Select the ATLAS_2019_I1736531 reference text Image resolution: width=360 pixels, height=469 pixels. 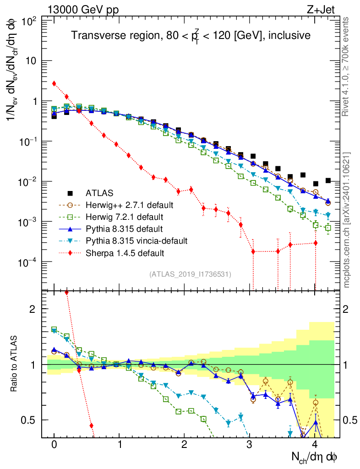[x=190, y=274]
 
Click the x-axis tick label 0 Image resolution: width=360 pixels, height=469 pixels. [x=54, y=445]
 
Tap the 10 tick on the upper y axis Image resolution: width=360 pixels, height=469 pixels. [x=32, y=61]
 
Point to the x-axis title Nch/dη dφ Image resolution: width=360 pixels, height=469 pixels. [x=315, y=457]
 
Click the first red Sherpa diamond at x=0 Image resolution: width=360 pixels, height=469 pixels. [x=54, y=83]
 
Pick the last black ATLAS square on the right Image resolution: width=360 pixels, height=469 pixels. [x=328, y=180]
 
